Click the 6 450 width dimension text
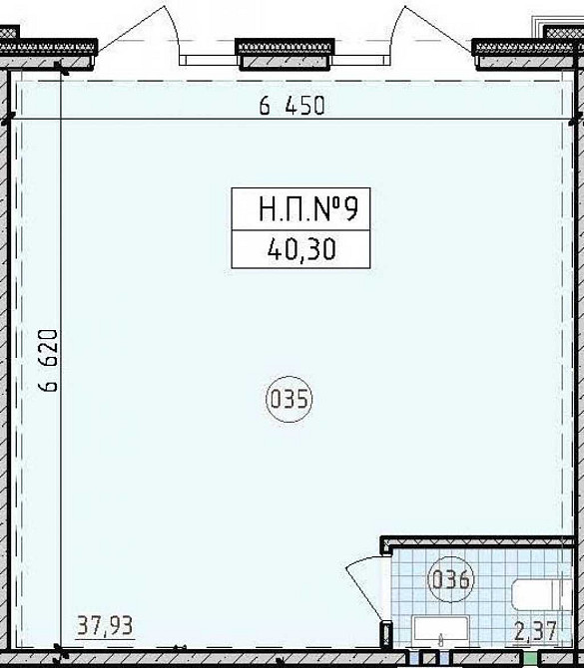point(292,106)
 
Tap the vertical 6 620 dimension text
point(48,360)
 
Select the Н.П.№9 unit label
point(308,209)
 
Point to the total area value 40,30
point(301,249)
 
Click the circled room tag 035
point(290,399)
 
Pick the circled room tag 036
point(451,580)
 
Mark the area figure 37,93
point(105,626)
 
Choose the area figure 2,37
point(536,631)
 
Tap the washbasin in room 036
point(441,630)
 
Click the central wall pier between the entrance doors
point(285,54)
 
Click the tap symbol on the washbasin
point(441,639)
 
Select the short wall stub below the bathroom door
point(386,635)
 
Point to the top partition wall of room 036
point(477,541)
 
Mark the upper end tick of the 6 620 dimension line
point(61,68)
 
